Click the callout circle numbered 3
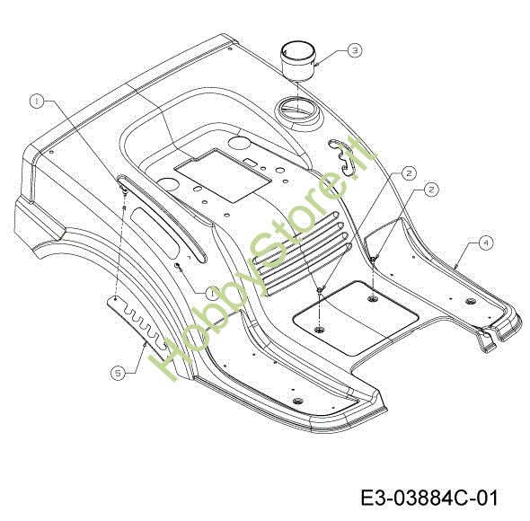pyautogui.click(x=355, y=50)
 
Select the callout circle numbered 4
pyautogui.click(x=486, y=243)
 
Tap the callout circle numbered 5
pyautogui.click(x=118, y=374)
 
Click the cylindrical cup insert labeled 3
pyautogui.click(x=298, y=61)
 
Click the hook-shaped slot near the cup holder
pyautogui.click(x=343, y=156)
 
